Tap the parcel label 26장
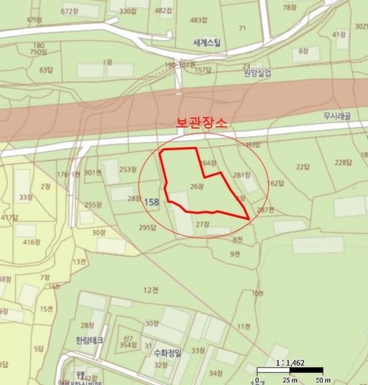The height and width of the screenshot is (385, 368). (197, 186)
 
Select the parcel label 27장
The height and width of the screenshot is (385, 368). (203, 224)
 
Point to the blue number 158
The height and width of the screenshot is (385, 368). (151, 202)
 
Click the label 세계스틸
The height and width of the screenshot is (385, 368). (206, 44)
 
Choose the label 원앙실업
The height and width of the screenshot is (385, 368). (257, 74)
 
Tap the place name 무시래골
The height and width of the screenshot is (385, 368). (338, 117)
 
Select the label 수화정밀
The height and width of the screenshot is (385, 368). (168, 352)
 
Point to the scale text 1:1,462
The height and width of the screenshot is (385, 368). (290, 363)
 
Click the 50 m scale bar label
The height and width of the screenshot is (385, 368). (314, 379)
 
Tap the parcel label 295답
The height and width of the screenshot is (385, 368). (148, 227)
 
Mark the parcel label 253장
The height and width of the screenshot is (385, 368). (128, 169)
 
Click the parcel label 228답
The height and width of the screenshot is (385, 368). (344, 162)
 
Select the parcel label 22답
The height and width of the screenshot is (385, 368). (303, 167)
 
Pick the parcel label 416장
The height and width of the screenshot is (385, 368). (31, 242)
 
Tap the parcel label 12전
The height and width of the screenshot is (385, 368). (151, 290)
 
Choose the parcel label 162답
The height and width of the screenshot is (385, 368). (275, 184)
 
